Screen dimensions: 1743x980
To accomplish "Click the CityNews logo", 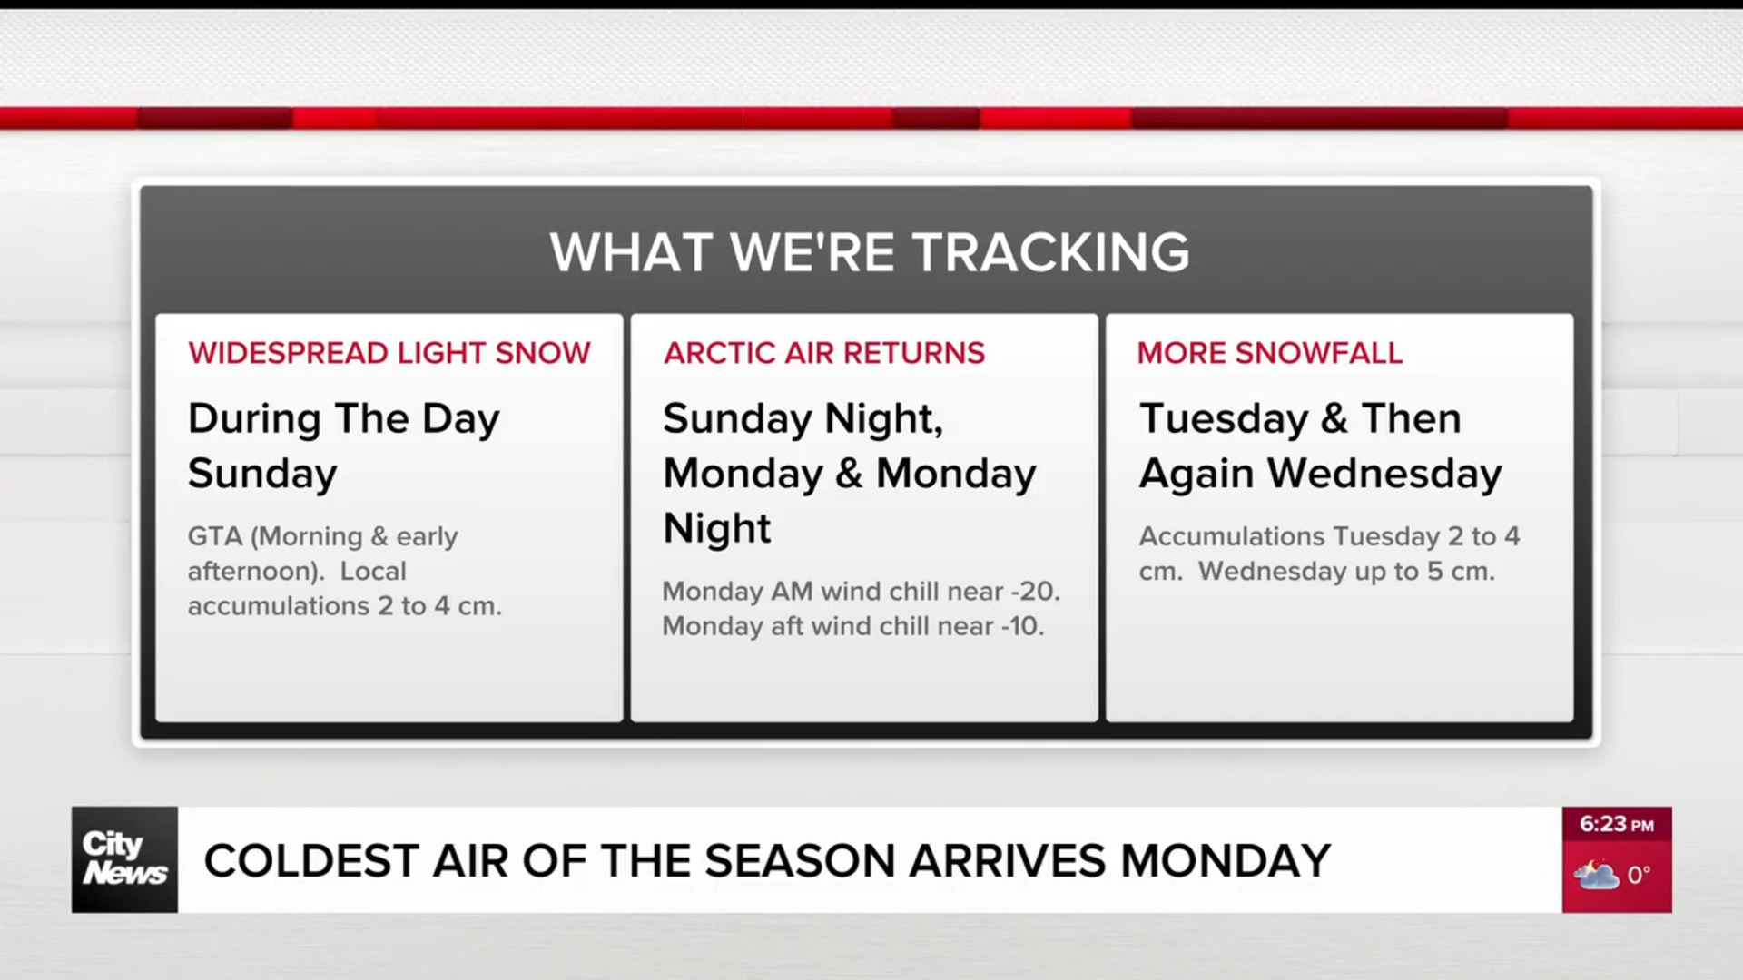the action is pos(125,859).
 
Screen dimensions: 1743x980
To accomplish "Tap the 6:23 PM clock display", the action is pos(1617,825).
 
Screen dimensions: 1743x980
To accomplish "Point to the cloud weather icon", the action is pos(1596,876).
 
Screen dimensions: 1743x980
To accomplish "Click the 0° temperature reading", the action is pos(1639,876).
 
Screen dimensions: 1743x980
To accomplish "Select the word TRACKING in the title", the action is pos(1051,252).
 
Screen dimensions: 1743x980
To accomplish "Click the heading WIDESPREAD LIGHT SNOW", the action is pos(389,353).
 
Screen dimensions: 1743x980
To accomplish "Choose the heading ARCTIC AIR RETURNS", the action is pos(824,353).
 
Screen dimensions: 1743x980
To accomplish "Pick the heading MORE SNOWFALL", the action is pos(1270,353).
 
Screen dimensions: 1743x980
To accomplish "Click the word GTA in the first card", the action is pos(216,536).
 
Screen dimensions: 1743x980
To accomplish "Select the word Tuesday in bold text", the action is pos(1224,419).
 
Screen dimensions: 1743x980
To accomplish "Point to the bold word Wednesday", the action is pos(1384,475).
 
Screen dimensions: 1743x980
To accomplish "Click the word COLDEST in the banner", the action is pos(310,861).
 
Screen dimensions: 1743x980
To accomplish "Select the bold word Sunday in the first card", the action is pos(262,475).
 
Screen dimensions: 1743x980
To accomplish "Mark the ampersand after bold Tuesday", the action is pos(1334,419).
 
